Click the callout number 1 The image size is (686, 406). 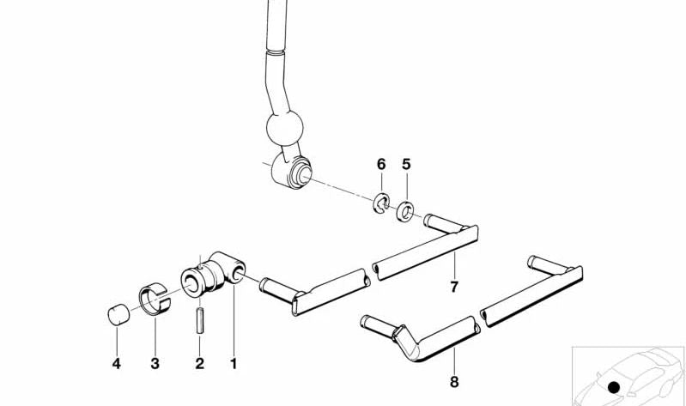[x=234, y=364]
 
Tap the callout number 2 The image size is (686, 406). [x=199, y=364]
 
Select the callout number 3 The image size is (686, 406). [x=155, y=364]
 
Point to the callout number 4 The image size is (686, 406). [x=117, y=364]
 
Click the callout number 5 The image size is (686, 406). [x=406, y=165]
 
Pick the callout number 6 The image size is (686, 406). [x=381, y=165]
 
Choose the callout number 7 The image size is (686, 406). [x=454, y=287]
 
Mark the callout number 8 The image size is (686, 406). [x=454, y=382]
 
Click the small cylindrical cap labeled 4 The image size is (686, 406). [x=118, y=314]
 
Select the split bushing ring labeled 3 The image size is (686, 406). [x=155, y=299]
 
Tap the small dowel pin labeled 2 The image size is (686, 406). [x=200, y=321]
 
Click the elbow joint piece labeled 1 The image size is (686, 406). [x=213, y=274]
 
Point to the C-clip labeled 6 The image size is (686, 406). [x=381, y=203]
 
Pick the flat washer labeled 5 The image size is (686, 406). [x=405, y=211]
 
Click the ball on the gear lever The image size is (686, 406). [x=285, y=127]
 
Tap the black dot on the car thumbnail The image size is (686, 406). [x=614, y=387]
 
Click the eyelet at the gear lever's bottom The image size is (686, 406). [x=291, y=172]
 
